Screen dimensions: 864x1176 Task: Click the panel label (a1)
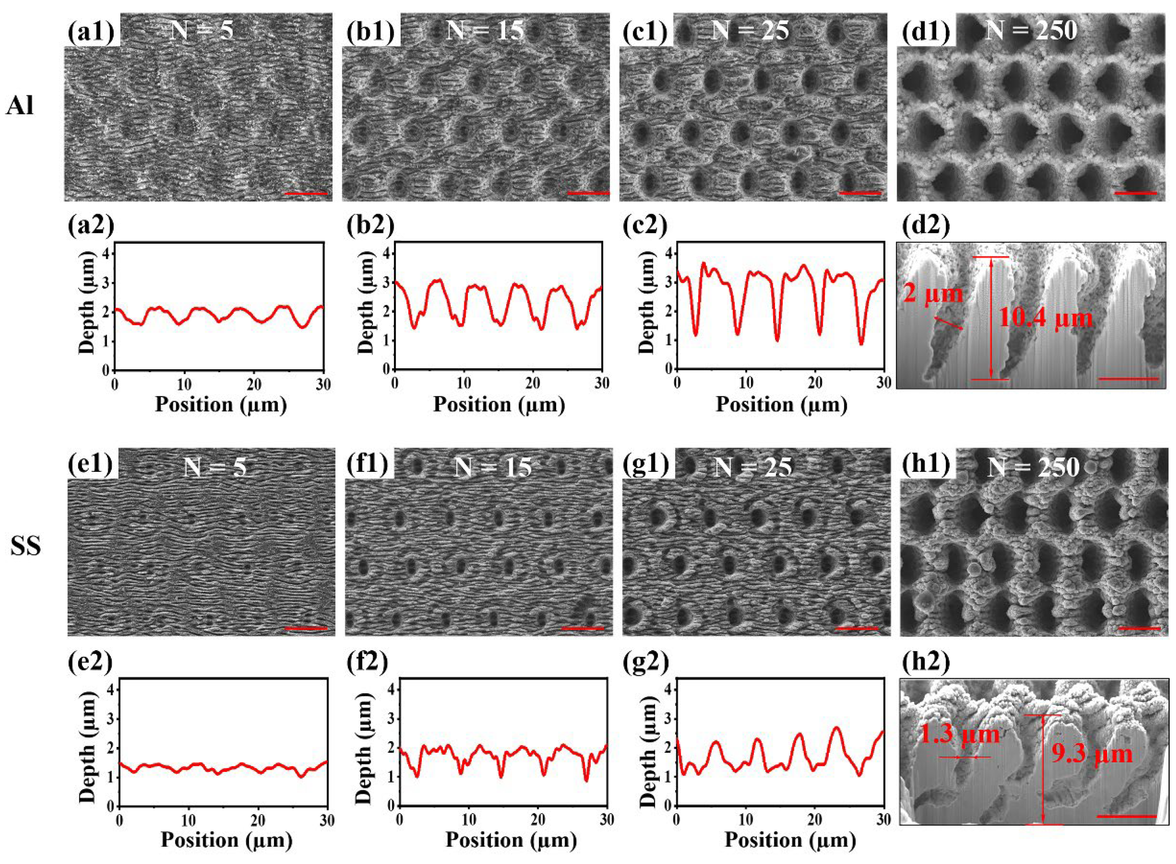pyautogui.click(x=91, y=31)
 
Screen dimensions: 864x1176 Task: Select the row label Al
pyautogui.click(x=20, y=105)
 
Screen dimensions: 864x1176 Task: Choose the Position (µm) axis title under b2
pyautogui.click(x=498, y=405)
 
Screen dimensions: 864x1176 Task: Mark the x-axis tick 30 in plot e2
pyautogui.click(x=327, y=820)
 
